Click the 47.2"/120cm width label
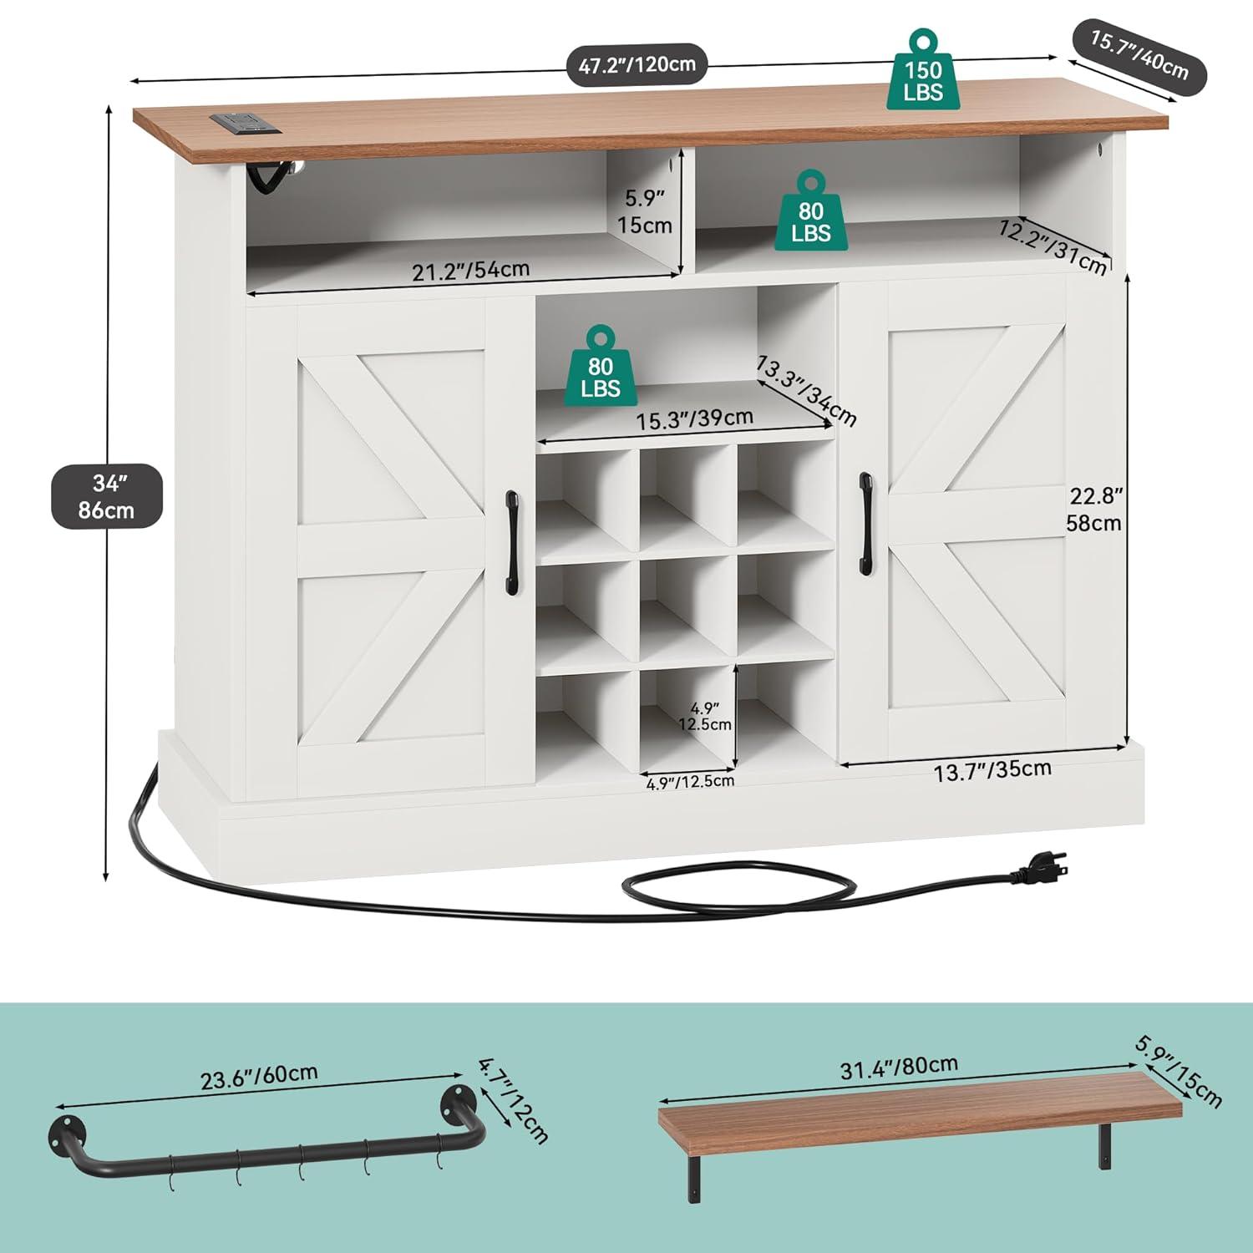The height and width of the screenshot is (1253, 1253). point(637,65)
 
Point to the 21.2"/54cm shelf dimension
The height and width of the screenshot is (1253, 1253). point(470,270)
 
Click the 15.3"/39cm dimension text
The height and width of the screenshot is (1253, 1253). point(695,419)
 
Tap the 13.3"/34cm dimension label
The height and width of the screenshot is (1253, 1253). point(806,390)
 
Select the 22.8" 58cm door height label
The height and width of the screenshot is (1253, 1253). point(1095,509)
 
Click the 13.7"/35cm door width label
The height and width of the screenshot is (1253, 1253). point(992,770)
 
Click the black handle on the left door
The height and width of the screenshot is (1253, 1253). point(511,533)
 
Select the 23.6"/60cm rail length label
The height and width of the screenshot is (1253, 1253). point(259,1076)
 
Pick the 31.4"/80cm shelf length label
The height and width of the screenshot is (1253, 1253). point(899,1067)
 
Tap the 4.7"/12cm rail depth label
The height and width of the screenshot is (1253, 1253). point(514,1100)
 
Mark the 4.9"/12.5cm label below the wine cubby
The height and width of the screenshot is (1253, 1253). point(690,781)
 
